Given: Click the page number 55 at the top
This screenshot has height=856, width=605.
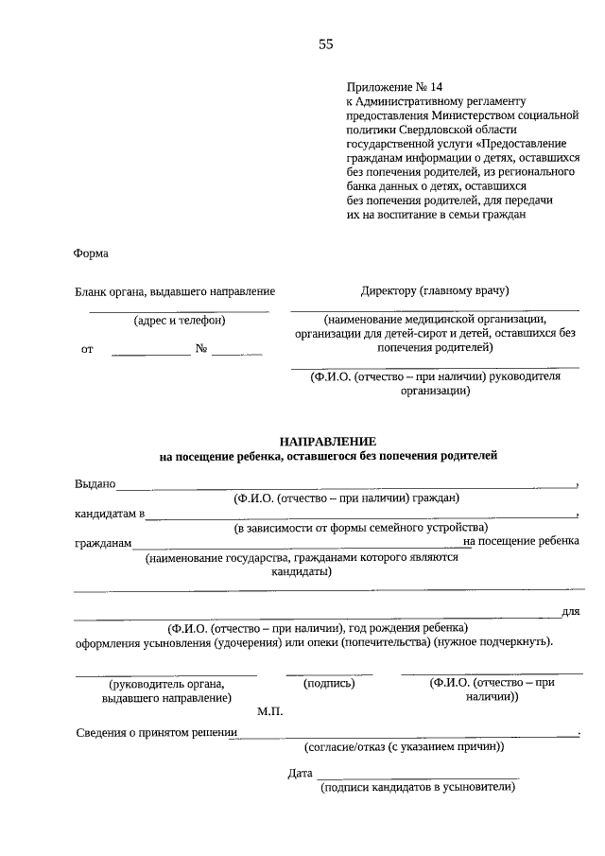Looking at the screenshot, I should click(x=326, y=44).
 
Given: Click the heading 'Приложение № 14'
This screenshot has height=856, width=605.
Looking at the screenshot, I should click(x=389, y=86).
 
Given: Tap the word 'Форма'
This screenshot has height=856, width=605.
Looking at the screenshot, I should click(x=91, y=253).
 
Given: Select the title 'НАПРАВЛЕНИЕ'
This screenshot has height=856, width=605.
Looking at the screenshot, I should click(x=327, y=442).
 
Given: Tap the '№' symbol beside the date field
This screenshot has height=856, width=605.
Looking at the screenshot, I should click(x=201, y=349).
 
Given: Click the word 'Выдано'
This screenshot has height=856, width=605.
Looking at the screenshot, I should click(x=95, y=484).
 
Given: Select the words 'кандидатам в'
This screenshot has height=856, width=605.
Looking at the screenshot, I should click(x=110, y=515).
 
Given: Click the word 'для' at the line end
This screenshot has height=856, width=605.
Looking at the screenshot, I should click(x=570, y=612).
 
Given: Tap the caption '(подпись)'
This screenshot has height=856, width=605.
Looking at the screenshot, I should click(x=328, y=682).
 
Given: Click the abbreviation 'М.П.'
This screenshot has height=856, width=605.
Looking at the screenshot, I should click(x=269, y=710).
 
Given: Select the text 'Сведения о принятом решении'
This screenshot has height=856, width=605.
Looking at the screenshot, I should click(x=156, y=733).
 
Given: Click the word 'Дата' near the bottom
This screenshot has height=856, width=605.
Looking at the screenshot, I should click(x=300, y=774).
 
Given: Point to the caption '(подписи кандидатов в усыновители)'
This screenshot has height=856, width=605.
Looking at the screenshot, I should click(x=418, y=787).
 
